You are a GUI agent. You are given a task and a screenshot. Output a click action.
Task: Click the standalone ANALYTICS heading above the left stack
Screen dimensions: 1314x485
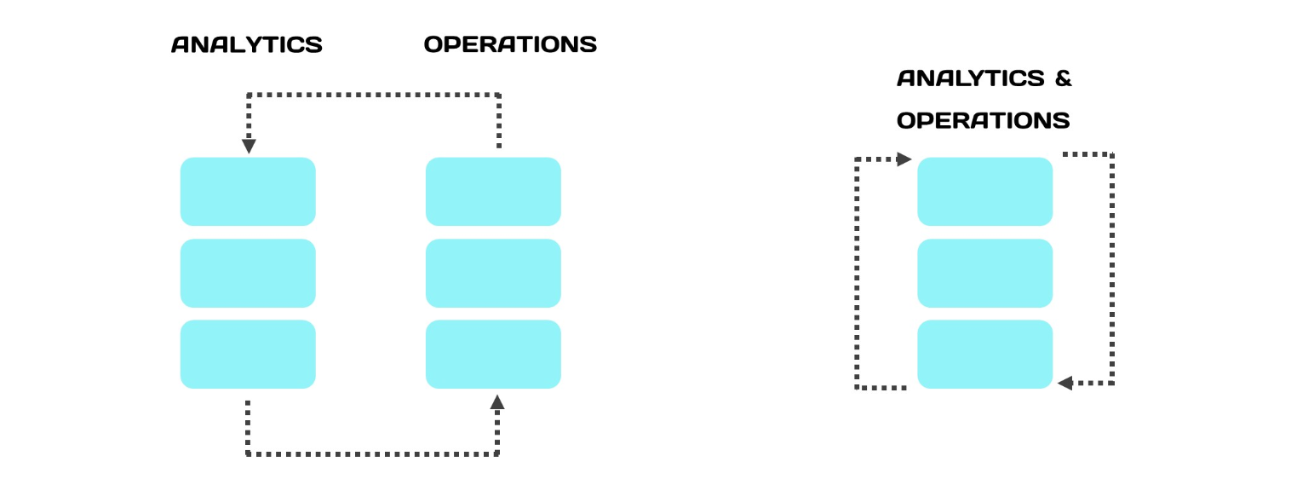point(247,44)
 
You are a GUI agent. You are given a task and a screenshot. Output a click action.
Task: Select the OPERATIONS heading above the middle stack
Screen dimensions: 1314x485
point(510,44)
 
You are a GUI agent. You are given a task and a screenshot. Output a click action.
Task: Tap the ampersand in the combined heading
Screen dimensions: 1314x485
point(1063,78)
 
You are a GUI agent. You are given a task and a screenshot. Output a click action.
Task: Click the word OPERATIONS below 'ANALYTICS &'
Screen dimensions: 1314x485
point(984,120)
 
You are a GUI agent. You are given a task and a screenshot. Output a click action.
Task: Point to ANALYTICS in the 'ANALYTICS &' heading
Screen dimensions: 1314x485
point(971,78)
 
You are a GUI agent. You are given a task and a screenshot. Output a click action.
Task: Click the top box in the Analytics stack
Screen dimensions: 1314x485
point(248,192)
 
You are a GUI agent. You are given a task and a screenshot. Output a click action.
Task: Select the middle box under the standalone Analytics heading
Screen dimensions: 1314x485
point(248,273)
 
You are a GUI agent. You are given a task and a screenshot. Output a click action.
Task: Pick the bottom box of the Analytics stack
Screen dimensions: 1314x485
point(248,354)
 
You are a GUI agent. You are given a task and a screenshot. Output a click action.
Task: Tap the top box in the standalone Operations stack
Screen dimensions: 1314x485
point(493,192)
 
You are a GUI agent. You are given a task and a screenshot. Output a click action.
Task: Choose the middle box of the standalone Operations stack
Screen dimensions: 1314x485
point(493,273)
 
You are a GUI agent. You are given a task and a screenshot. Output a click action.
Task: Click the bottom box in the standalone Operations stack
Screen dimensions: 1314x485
point(493,354)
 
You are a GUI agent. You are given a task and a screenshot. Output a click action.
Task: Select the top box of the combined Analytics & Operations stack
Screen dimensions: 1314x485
point(985,192)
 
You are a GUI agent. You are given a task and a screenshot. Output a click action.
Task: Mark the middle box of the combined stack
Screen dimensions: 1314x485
point(985,273)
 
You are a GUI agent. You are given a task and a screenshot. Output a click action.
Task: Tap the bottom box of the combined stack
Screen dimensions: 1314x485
point(985,354)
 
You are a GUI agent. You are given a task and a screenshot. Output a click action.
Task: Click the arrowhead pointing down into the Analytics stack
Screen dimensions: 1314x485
point(249,147)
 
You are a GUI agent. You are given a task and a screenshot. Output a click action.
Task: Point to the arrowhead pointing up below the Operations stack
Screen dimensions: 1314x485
point(497,401)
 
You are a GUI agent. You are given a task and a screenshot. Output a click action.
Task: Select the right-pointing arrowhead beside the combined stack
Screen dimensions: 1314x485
point(904,159)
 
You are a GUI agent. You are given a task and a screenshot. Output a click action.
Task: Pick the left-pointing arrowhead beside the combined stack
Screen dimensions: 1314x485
point(1065,383)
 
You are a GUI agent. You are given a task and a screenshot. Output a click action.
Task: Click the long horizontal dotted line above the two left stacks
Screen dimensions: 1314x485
point(374,95)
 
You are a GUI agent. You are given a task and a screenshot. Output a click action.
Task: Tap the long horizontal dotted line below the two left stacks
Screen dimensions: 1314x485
point(372,453)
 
